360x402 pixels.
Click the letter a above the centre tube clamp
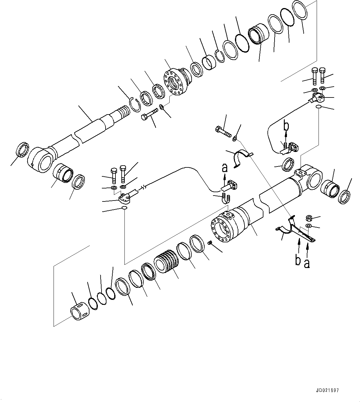tap(225, 168)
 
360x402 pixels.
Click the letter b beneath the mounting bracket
tap(298, 261)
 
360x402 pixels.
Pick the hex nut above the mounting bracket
tap(308, 218)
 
